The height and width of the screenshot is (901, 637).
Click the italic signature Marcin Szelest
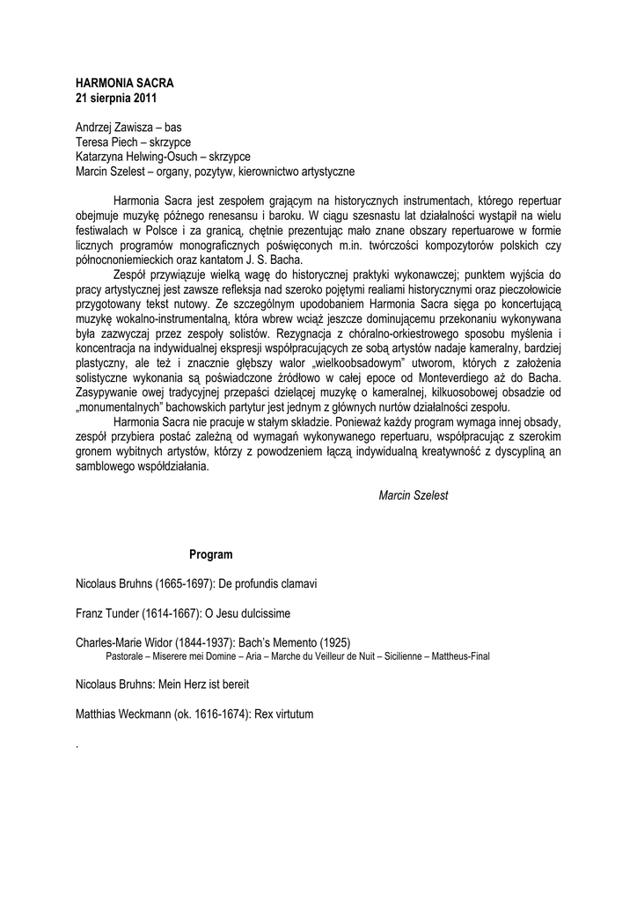click(413, 495)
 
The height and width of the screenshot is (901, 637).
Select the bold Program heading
click(211, 554)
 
